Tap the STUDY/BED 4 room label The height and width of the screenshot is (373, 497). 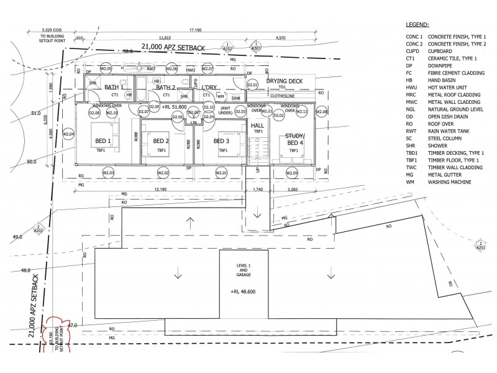pyautogui.click(x=294, y=139)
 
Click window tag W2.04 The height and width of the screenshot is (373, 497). pyautogui.click(x=68, y=134)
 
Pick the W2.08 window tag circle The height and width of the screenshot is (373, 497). pyautogui.click(x=321, y=112)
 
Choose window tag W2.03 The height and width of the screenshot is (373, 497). pyautogui.click(x=109, y=173)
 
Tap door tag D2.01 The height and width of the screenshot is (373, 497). pyautogui.click(x=253, y=85)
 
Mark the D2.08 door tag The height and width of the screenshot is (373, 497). pyautogui.click(x=94, y=113)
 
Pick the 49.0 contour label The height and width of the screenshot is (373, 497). pyautogui.click(x=17, y=237)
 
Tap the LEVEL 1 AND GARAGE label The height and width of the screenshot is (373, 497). pyautogui.click(x=243, y=270)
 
